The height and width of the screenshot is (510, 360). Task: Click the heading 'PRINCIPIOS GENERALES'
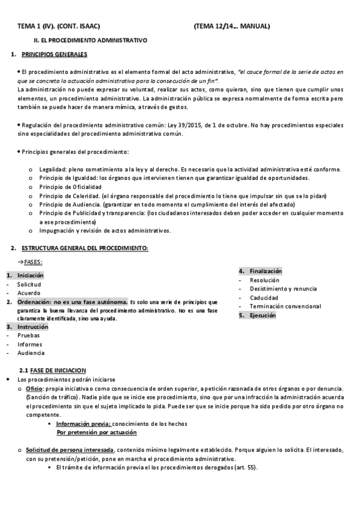[54, 54]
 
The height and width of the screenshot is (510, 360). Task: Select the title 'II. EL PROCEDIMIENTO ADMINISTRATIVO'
[90, 40]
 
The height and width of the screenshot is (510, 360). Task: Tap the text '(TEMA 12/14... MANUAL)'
[232, 26]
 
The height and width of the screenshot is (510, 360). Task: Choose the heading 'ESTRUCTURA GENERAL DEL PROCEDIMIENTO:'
[85, 248]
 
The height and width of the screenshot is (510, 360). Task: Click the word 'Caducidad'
[265, 298]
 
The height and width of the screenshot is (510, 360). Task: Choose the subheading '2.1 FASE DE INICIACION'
[53, 370]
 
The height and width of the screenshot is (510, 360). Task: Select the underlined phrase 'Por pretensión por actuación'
[96, 432]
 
